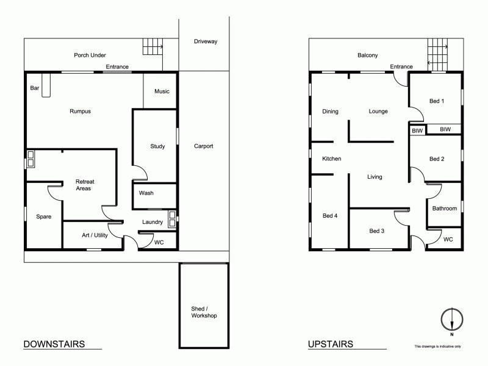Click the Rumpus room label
80,111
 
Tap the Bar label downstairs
35,88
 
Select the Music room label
162,91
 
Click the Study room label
158,146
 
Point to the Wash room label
146,193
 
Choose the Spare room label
43,217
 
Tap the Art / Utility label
95,235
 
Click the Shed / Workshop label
204,312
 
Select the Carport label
204,146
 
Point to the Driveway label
206,41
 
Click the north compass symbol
451,320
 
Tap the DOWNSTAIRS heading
54,344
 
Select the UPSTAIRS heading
331,344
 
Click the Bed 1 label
437,101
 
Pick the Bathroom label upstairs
445,209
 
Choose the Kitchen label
332,159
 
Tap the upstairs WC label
448,239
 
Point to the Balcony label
368,56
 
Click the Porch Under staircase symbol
154,47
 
